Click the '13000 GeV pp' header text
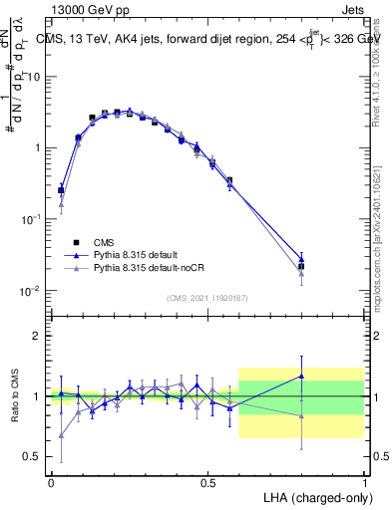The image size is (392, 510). click(x=94, y=9)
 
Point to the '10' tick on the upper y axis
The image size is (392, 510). click(x=36, y=77)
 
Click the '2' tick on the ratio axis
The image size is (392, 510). click(x=39, y=336)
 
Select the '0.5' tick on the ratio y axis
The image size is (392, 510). click(x=35, y=456)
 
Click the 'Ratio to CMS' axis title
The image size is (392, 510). click(x=15, y=395)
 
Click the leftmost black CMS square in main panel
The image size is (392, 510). click(x=61, y=189)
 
